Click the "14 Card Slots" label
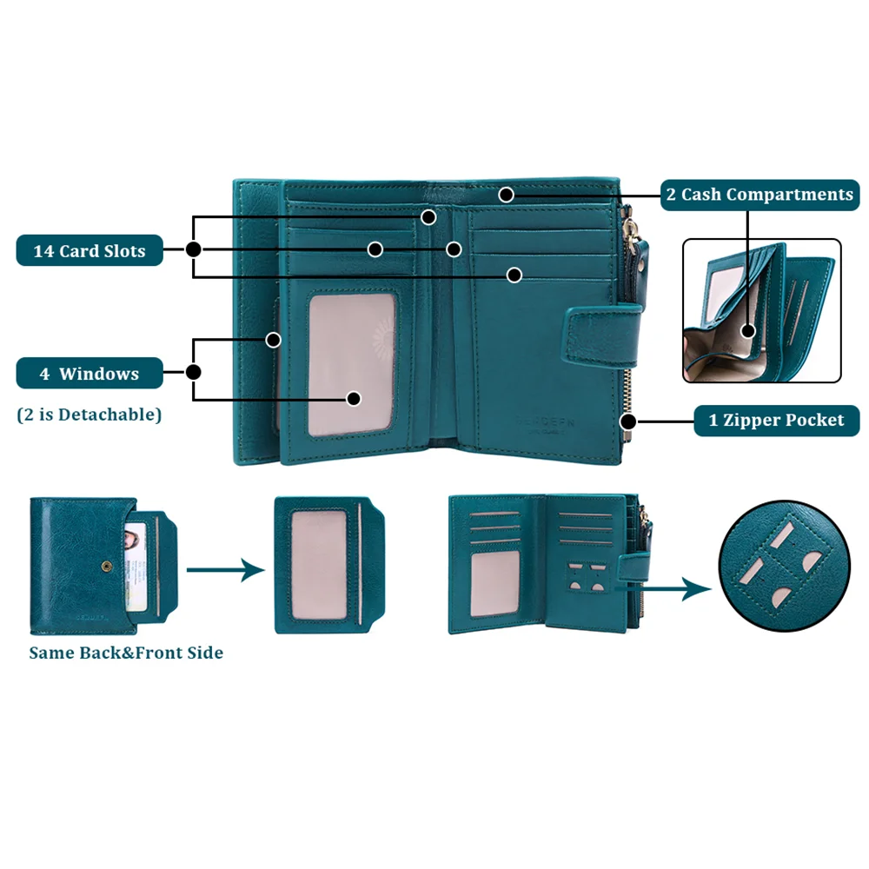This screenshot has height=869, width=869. pyautogui.click(x=90, y=251)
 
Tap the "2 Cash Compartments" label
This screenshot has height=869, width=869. pyautogui.click(x=759, y=194)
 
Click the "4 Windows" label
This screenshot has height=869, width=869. pyautogui.click(x=90, y=374)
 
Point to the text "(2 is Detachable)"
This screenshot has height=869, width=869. pyautogui.click(x=90, y=415)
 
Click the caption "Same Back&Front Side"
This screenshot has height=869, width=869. pyautogui.click(x=126, y=653)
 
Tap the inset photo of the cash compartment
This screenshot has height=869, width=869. pyautogui.click(x=761, y=310)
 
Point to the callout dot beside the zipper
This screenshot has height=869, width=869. pyautogui.click(x=628, y=421)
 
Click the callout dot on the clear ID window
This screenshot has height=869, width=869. pyautogui.click(x=354, y=398)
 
